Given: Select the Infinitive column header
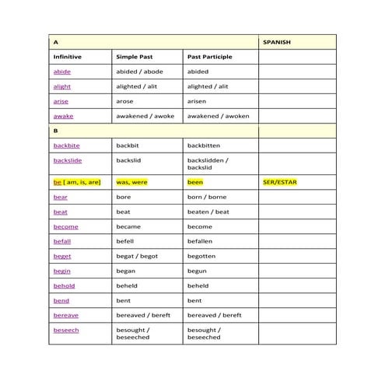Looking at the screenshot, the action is point(67,57).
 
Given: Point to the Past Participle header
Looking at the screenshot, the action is point(210,57).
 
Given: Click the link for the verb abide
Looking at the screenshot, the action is point(61,72).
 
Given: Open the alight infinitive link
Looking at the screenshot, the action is point(61,86).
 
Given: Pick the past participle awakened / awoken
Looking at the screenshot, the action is point(213,116).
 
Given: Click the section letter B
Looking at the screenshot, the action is point(55,131).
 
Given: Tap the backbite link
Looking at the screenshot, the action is point(66,145).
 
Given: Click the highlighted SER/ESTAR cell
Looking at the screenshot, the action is point(281,182).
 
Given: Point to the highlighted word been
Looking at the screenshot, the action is point(195,182).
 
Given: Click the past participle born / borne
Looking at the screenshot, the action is point(207,197).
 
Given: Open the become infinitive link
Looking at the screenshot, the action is point(65,226).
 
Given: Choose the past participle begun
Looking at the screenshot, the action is point(197,271).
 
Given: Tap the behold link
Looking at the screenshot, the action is point(64,285).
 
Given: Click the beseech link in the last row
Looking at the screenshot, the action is point(65,330).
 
